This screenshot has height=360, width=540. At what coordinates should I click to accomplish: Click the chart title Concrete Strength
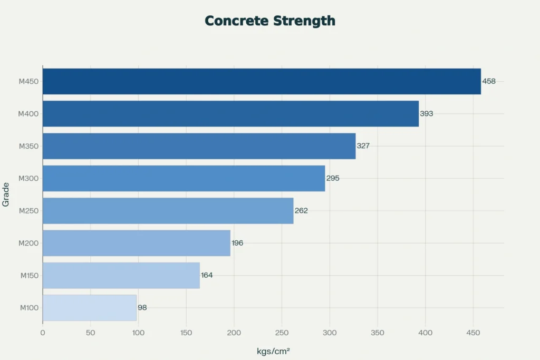(269, 21)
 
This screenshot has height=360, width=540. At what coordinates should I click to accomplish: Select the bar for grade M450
(262, 81)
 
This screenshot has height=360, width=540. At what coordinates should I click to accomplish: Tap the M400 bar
(230, 113)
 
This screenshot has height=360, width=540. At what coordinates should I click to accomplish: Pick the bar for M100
(90, 307)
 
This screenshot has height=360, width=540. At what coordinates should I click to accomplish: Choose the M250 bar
(168, 210)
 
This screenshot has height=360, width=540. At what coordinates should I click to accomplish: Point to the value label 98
(142, 307)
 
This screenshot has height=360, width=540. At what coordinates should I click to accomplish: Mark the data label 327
(363, 145)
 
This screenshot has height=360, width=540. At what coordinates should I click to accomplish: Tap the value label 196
(237, 243)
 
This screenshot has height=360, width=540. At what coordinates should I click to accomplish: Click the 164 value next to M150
(207, 275)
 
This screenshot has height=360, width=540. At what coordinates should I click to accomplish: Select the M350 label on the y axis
(28, 146)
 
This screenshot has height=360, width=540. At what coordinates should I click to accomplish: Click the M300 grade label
(28, 178)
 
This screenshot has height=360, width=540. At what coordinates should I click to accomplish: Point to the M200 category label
(28, 243)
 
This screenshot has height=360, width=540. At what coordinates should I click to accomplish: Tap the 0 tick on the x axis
(43, 333)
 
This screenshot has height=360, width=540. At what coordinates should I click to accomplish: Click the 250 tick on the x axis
(282, 333)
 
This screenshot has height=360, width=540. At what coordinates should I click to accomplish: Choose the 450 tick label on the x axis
(473, 333)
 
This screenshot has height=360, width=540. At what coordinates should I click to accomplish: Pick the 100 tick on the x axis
(138, 333)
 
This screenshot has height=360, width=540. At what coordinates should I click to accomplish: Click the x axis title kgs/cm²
(273, 351)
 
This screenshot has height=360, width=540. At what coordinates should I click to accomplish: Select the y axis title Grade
(6, 195)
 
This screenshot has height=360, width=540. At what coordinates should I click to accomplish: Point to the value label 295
(333, 178)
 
